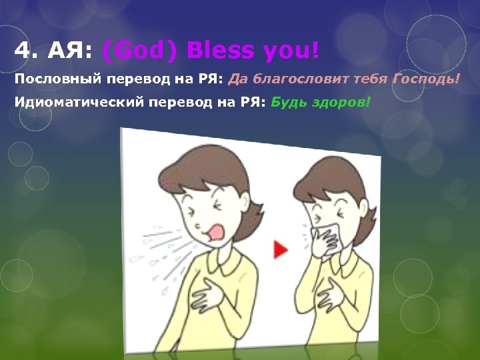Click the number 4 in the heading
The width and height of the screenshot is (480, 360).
[21, 50]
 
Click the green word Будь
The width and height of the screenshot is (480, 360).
[288, 103]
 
